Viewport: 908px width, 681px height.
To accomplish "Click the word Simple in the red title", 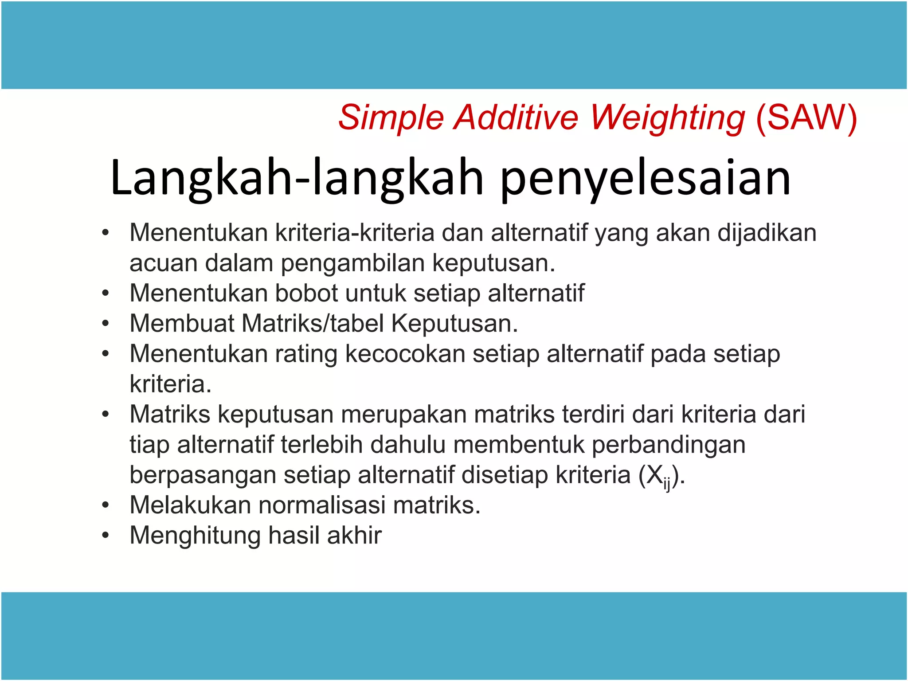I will tap(391, 118).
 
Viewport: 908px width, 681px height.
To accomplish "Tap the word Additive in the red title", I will tap(516, 118).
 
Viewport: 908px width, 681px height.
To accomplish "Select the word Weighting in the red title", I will tap(668, 118).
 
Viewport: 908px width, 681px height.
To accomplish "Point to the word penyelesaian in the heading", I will tap(646, 178).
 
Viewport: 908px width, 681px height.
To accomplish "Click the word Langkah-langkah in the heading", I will tap(297, 178).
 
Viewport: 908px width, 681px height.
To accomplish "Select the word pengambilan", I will tap(353, 263).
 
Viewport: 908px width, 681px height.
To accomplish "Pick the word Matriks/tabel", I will tap(313, 323).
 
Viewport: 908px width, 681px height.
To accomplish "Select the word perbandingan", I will tap(669, 444).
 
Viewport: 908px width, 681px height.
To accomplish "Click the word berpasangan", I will tap(202, 475).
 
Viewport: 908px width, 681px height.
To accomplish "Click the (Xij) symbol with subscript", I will tap(661, 476).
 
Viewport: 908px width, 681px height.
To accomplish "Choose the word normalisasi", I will tap(321, 505).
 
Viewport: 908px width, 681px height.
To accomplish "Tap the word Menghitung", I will tap(195, 535).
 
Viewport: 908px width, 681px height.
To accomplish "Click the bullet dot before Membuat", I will tap(105, 324).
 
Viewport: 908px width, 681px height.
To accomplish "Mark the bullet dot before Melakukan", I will tap(105, 505).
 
